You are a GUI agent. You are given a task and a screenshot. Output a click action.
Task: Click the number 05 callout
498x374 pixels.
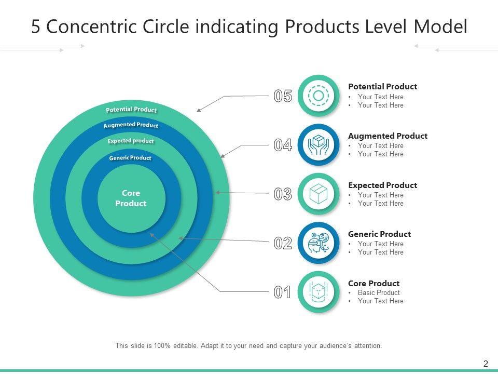point(283,96)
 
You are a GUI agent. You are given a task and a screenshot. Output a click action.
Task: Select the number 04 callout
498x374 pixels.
point(283,145)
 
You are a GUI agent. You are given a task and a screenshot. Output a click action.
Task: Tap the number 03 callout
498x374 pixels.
point(283,194)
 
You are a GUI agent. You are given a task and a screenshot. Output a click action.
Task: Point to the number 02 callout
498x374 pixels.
point(283,243)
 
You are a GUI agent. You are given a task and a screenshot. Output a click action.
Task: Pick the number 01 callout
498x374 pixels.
point(283,292)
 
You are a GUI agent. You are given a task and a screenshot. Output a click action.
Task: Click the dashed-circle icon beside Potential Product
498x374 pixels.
point(319,96)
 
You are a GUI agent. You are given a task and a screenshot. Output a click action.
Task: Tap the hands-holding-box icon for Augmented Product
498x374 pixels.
point(319,145)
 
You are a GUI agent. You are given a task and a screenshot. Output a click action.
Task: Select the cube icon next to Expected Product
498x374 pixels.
point(319,194)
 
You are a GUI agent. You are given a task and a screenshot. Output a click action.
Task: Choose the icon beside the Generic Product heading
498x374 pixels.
point(319,243)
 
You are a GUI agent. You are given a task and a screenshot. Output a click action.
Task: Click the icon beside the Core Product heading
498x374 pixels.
point(319,292)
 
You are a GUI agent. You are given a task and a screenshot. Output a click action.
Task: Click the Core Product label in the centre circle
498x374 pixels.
point(131,198)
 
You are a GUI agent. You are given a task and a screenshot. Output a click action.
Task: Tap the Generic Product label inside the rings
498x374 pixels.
point(130,158)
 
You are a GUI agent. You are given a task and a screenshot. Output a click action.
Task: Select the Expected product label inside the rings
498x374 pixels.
point(131,141)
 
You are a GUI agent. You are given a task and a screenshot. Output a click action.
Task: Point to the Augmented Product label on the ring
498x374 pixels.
point(131,125)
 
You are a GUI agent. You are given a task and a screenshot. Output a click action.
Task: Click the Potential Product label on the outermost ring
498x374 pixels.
point(131,110)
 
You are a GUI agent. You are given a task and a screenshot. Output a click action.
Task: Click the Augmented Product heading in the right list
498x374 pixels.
point(388,136)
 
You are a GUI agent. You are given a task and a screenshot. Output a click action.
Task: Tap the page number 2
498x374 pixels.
point(486,364)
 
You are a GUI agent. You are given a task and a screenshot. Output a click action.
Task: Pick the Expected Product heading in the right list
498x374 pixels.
point(382,185)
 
